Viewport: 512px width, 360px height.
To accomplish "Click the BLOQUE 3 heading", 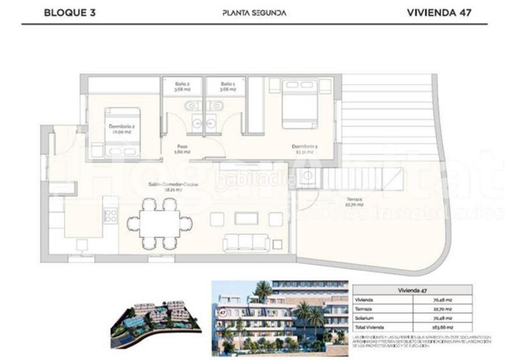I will [x=70, y=12].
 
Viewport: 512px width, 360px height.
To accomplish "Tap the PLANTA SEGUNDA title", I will [x=254, y=12].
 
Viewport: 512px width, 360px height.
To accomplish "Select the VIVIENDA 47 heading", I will [x=439, y=12].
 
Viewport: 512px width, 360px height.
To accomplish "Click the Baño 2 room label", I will [x=182, y=86].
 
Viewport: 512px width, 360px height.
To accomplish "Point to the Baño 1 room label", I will [x=228, y=86].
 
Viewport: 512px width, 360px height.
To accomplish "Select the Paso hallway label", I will [x=182, y=149].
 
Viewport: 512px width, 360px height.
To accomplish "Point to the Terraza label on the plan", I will [x=355, y=201].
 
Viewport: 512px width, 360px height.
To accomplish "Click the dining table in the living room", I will [x=160, y=224].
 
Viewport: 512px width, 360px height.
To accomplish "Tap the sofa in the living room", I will [x=246, y=242].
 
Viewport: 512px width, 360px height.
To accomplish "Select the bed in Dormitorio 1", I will [x=300, y=103].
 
